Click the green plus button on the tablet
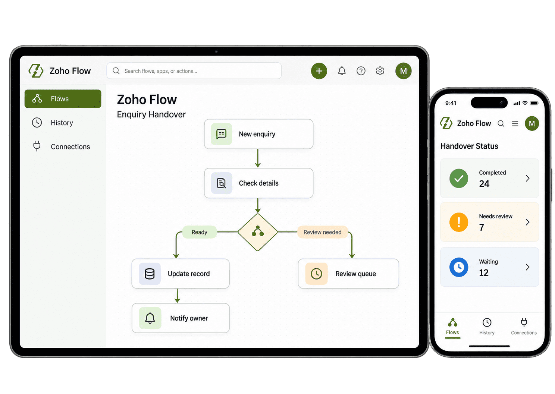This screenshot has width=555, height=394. point(319,71)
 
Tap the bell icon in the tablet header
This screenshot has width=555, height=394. point(342,71)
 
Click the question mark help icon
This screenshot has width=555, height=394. point(361,71)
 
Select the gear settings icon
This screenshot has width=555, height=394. point(380,71)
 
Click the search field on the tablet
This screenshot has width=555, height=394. point(194,71)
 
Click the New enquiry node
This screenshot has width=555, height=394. point(259,134)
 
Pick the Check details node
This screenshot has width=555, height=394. point(259,183)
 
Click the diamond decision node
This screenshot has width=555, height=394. point(258,232)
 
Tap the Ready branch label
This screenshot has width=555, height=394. point(200,232)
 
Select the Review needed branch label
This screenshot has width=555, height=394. point(322,232)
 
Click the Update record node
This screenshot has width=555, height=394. point(181,274)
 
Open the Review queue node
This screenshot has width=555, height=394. point(348,274)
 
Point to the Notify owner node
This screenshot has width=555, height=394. point(181,318)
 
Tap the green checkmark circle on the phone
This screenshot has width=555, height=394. point(459,178)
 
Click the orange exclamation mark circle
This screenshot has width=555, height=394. point(459,222)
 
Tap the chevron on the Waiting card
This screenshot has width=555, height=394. point(527,267)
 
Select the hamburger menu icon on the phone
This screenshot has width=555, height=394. point(515,123)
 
